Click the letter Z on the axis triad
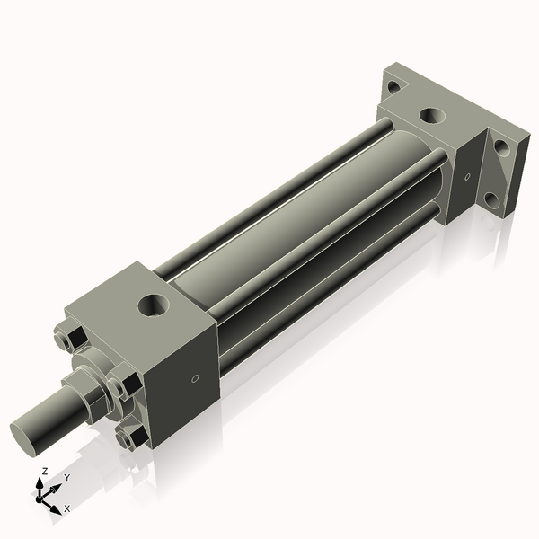[x=44, y=471]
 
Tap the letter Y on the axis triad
[x=67, y=477]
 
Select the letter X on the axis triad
[x=67, y=508]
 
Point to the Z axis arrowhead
[x=40, y=484]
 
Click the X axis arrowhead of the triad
[x=55, y=509]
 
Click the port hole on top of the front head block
[x=154, y=305]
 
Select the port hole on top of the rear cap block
[x=433, y=116]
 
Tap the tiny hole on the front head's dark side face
[x=195, y=378]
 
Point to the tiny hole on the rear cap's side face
[x=467, y=177]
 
